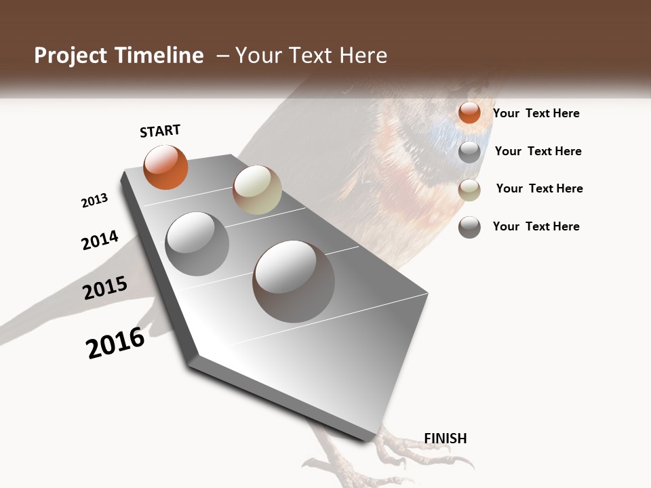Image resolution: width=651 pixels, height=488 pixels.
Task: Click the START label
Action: (160, 131)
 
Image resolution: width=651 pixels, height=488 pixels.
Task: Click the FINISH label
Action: (445, 439)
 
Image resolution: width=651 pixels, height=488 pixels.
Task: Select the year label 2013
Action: (94, 201)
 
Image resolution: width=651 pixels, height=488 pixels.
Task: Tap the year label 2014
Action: (100, 240)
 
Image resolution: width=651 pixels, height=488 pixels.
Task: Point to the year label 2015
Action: (105, 288)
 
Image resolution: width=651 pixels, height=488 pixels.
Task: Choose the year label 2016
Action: (115, 343)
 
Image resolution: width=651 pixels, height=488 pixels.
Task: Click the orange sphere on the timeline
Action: (165, 167)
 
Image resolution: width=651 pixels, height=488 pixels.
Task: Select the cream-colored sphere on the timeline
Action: (257, 190)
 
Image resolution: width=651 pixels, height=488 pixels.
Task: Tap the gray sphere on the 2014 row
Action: (197, 243)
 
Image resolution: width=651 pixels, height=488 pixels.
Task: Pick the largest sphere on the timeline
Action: (294, 281)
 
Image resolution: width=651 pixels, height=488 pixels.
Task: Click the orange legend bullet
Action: (469, 113)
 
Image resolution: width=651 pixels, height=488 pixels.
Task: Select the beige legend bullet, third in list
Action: (469, 190)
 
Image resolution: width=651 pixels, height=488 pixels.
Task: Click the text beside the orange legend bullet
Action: (536, 113)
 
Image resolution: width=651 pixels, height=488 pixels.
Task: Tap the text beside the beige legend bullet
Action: (539, 188)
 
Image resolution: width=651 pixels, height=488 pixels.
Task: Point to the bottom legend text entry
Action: (536, 226)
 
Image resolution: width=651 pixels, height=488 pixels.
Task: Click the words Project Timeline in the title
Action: (119, 56)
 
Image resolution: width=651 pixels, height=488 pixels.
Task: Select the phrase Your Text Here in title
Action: (311, 56)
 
